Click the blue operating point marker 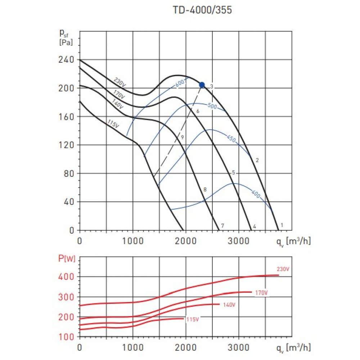(x=202, y=85)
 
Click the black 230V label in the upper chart (x=120, y=82)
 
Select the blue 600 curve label (x=180, y=83)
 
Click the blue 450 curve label (x=231, y=139)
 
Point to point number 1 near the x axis (x=282, y=225)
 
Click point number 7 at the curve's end (x=223, y=226)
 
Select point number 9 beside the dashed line (x=183, y=137)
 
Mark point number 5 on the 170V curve (x=233, y=173)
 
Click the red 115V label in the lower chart (x=192, y=319)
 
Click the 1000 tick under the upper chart (x=133, y=240)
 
